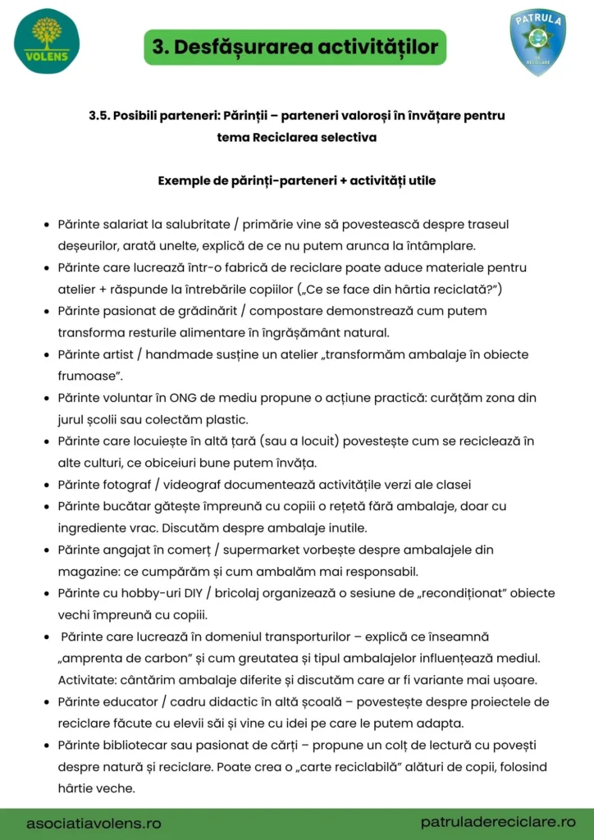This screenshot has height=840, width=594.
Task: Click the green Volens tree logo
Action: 47,41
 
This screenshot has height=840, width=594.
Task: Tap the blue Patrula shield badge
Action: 537,43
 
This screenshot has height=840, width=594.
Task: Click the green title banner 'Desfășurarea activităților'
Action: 295,47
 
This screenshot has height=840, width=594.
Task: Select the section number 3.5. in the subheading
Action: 100,116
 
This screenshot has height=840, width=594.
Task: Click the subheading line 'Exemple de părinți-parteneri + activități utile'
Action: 296,180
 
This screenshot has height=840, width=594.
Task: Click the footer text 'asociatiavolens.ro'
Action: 94,822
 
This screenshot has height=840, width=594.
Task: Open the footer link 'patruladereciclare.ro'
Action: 498,821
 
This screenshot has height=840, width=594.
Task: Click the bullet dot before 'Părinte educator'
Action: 46,702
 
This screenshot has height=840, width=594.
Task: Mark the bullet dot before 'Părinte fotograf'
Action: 46,485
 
